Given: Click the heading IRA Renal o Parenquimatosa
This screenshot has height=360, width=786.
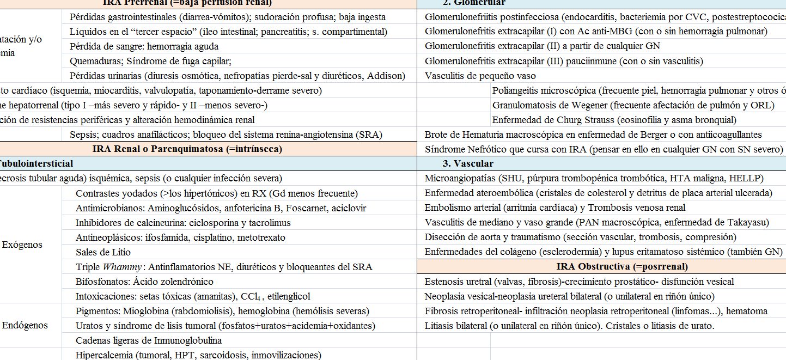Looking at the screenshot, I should coord(187,148).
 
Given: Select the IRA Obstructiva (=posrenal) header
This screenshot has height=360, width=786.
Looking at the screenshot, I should coord(622,266).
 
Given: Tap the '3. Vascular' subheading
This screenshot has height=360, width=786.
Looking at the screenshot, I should coord(468,163).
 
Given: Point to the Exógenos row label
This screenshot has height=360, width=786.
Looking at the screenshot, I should coord(22,245).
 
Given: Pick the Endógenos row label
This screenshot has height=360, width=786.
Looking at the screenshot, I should coord(25,325).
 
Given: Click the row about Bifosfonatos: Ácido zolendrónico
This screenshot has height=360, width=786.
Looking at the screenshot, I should coord(144,282).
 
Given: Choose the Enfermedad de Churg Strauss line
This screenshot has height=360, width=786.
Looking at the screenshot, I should coord(614,120).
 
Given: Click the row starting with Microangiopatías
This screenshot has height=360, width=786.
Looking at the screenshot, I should coord(594,178).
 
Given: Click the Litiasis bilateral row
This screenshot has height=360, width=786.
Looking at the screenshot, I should coord(569,326).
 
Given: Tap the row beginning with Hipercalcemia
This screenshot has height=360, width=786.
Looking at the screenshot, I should coord(198,355).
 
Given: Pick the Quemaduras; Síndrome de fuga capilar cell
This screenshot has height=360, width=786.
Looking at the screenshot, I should coord(150,61).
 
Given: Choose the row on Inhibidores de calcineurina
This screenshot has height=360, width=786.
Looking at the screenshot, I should coord(183,223).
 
